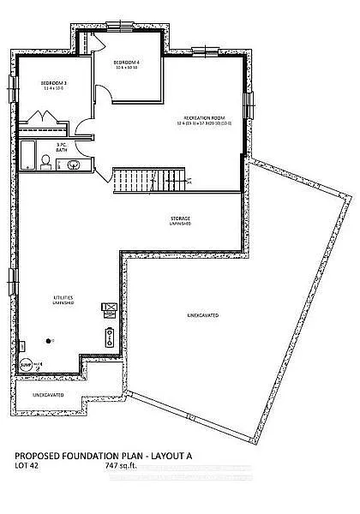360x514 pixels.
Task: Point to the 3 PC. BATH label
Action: click(x=62, y=147)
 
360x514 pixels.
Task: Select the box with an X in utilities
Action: click(x=110, y=306)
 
